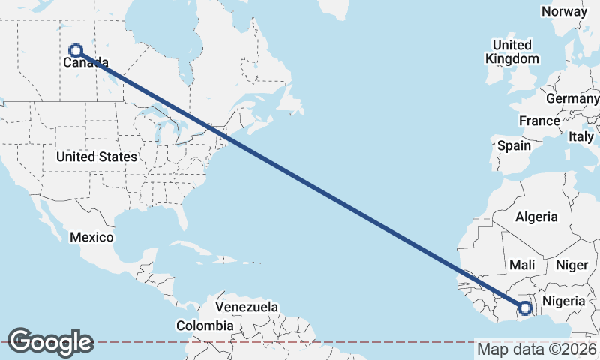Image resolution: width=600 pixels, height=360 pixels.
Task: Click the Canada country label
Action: (x=80, y=63)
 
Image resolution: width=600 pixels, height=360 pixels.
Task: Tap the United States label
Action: (x=97, y=157)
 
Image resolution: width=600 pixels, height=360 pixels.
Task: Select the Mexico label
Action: (x=91, y=237)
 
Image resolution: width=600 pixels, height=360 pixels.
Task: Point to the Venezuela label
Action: (x=247, y=307)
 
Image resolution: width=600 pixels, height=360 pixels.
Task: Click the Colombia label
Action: (x=205, y=325)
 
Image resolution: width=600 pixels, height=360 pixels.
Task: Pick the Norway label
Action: (x=564, y=11)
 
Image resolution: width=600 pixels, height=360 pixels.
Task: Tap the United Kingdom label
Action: (x=512, y=52)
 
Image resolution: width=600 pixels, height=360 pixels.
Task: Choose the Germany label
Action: (x=572, y=99)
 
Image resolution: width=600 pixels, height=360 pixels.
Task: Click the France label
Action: (x=539, y=121)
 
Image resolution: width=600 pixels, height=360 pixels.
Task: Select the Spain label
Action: (x=514, y=145)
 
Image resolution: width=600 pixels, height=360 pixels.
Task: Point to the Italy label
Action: (x=581, y=137)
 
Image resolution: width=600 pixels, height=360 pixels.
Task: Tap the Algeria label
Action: (x=536, y=217)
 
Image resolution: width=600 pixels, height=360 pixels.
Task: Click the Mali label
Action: (x=521, y=265)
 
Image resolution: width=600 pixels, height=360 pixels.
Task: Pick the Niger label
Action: (x=571, y=265)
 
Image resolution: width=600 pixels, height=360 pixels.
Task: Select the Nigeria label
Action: (x=563, y=300)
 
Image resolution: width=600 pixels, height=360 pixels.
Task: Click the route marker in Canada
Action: (x=75, y=51)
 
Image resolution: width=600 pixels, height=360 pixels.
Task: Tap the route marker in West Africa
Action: (x=525, y=307)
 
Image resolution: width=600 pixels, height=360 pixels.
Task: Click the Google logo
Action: (x=50, y=342)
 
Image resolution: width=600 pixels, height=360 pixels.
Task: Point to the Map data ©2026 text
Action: (x=536, y=349)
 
